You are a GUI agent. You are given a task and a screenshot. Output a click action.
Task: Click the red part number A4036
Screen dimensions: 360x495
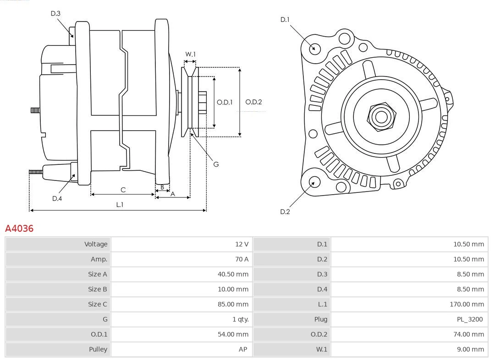coord(19,228)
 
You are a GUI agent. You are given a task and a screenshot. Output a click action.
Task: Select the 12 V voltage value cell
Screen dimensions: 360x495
coord(242,244)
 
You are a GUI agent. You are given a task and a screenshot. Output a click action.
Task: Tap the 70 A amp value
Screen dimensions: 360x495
coord(242,259)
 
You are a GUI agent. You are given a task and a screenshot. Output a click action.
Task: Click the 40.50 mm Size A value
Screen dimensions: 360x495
coord(233,274)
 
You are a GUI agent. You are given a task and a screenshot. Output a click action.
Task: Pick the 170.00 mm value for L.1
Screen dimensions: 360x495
coord(467,304)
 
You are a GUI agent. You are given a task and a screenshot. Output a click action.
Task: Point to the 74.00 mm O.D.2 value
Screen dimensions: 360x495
coord(468,334)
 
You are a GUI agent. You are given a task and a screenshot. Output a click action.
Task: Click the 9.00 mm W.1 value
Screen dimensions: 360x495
coord(470,349)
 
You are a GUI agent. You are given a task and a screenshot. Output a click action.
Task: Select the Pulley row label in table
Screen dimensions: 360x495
coord(98,349)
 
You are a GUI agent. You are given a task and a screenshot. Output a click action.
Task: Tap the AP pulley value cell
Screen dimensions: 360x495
coord(242,349)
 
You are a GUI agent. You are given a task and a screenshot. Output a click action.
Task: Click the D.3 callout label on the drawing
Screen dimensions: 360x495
coord(55,14)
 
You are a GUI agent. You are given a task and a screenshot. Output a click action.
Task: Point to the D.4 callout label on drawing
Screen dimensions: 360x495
coord(57,198)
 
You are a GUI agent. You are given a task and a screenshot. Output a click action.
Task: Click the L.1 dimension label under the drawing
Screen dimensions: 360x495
coord(119,205)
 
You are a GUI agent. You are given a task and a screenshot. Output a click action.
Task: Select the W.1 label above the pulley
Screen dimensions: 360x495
coord(190,55)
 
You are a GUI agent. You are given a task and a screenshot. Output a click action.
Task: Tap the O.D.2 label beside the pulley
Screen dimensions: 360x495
coord(253,102)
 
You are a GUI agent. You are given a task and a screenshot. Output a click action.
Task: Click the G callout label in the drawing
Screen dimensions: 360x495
coord(216,164)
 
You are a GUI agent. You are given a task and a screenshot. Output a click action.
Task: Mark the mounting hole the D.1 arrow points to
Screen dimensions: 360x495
coord(315,48)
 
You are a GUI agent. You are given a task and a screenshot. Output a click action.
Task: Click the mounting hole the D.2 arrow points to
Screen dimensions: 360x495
coord(314,183)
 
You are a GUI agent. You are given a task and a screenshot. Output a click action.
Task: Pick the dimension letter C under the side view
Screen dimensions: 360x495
coord(123,190)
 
